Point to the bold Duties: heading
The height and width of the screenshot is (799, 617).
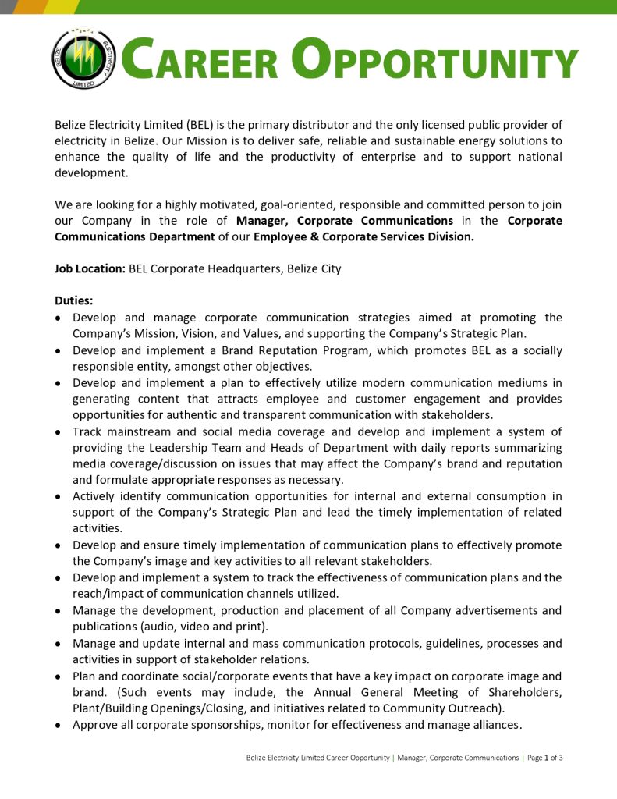76,301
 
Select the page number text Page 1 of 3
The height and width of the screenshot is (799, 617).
544,758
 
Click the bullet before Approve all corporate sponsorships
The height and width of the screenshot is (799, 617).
59,726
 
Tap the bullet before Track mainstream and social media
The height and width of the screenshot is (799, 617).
59,432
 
